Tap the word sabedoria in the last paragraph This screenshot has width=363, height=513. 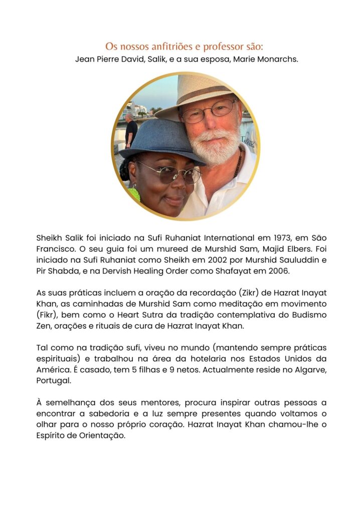pos(105,414)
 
